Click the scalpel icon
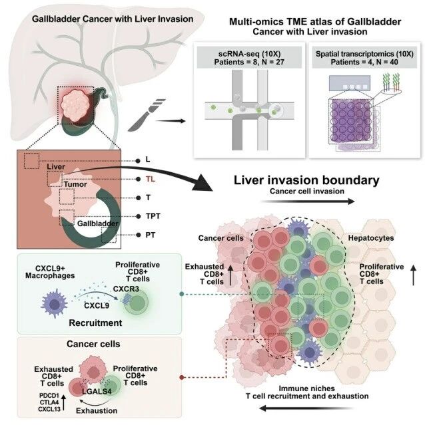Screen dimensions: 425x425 pos(147,114)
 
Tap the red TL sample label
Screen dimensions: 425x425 pos(151,179)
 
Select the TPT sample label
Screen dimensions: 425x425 pos(153,216)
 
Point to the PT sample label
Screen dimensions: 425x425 pos(151,235)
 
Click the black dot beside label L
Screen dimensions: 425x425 pos(138,161)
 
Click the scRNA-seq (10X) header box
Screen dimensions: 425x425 pos(249,57)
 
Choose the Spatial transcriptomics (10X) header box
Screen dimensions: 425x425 pos(364,57)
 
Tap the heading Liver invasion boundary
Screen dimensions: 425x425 pos(306,180)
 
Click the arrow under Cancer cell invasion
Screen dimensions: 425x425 pos(308,202)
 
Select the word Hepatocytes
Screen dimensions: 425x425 pos(371,238)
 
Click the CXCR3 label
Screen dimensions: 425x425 pos(126,289)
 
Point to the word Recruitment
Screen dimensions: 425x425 pos(95,323)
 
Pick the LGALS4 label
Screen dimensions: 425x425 pos(97,391)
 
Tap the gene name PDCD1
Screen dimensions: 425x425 pos(49,396)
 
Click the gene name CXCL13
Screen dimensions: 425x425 pos(49,409)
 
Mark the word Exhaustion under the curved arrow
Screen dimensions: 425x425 pos(97,410)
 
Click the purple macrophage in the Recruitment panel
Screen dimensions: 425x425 pos(55,304)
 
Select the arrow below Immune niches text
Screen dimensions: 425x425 pos(306,408)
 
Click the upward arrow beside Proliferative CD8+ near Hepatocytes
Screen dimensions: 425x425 pos(413,275)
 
